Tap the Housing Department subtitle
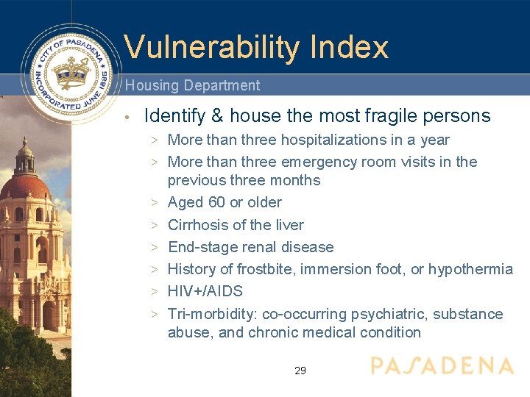pos(192,85)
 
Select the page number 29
pos(300,371)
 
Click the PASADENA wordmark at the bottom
pos(442,366)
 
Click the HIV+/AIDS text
pos(205,291)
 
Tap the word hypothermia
pos(470,269)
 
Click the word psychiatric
pos(388,314)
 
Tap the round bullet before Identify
pos(127,117)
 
